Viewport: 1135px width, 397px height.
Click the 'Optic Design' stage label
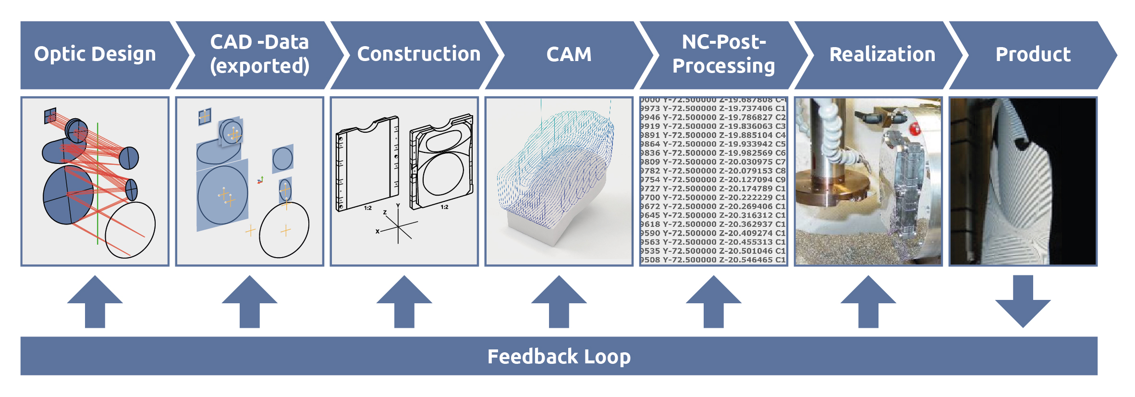click(95, 54)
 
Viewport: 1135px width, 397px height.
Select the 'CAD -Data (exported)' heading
click(259, 54)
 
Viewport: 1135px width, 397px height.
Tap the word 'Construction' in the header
click(419, 54)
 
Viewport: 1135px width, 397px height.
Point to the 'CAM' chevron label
click(569, 54)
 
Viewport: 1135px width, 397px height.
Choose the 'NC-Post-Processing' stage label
click(724, 54)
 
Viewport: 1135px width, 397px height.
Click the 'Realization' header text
click(882, 54)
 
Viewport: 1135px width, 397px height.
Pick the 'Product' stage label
click(1033, 54)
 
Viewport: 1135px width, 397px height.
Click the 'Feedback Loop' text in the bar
click(559, 357)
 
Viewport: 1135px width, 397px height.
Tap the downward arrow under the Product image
click(1023, 302)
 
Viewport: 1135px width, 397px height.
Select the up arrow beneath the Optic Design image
click(95, 302)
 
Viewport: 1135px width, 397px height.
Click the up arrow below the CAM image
click(559, 302)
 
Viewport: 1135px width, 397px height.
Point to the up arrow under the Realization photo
click(868, 302)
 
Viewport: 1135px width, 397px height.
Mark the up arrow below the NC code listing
click(714, 302)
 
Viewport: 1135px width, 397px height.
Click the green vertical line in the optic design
click(98, 183)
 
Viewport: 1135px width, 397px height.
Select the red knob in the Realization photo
click(915, 129)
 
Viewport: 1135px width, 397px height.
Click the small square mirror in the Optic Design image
click(50, 115)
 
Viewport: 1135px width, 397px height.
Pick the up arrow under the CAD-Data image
click(250, 302)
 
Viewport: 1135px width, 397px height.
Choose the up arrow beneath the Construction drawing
click(404, 302)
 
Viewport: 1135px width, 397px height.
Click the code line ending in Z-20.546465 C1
click(713, 260)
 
